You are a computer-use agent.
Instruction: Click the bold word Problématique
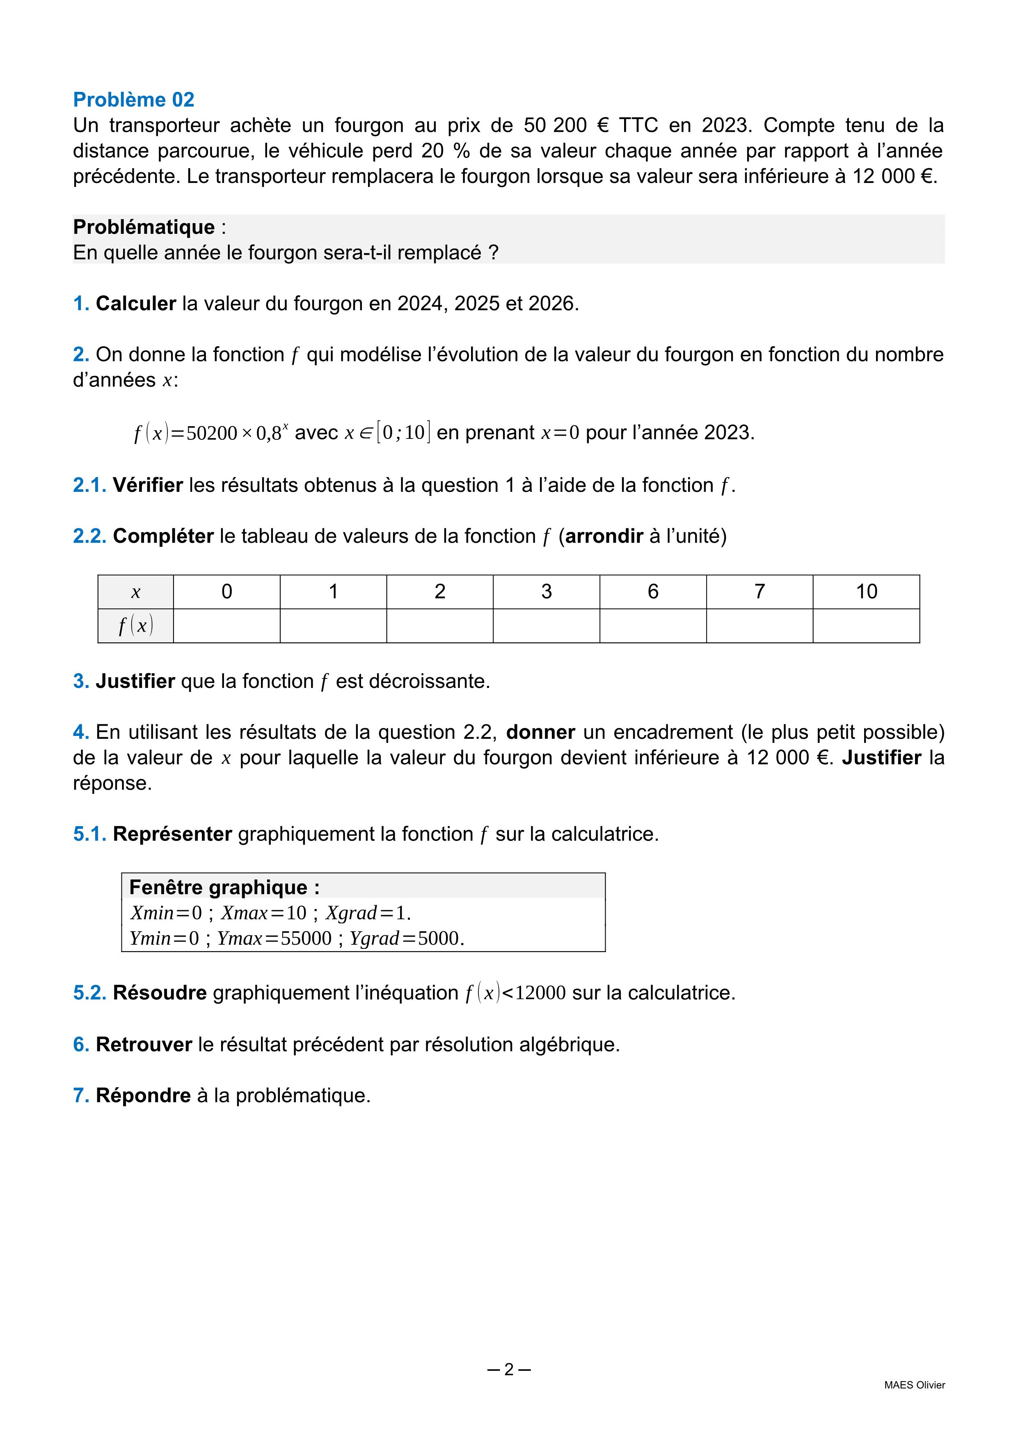(144, 227)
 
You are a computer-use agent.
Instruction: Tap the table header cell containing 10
(866, 591)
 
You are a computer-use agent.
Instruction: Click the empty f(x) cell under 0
(226, 626)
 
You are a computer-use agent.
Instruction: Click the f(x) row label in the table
(135, 626)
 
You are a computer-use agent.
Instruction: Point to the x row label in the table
(135, 592)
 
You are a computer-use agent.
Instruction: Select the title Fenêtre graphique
(224, 887)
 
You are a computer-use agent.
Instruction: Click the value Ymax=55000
(274, 938)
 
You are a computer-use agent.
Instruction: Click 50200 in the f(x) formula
(211, 433)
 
